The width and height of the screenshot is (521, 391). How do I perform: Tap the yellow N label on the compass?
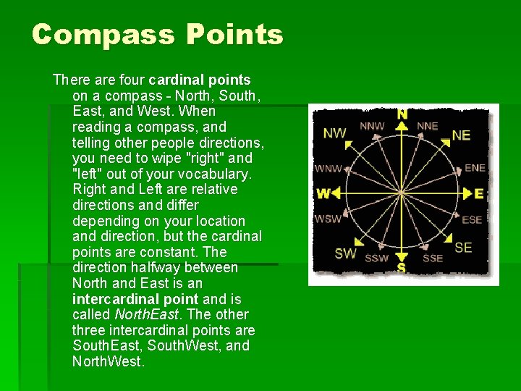(x=402, y=114)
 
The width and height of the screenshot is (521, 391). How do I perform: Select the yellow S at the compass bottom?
(x=401, y=268)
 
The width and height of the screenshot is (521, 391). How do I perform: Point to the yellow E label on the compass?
(x=478, y=193)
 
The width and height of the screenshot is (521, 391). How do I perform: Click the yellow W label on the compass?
(x=323, y=193)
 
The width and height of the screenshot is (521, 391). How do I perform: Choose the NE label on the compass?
(x=461, y=135)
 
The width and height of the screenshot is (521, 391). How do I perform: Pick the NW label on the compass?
(x=334, y=133)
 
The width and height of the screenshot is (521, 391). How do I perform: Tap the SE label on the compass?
(x=463, y=248)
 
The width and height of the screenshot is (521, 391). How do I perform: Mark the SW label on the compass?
(x=345, y=253)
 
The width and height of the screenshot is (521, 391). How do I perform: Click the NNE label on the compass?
(x=428, y=126)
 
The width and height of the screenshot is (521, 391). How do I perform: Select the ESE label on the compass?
(x=472, y=220)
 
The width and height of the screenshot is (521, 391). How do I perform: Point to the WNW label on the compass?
(x=328, y=169)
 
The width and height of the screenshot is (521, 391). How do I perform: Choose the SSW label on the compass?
(x=376, y=258)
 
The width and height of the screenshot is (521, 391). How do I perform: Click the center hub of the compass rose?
(x=402, y=193)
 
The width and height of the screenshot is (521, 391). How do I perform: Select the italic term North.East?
(x=145, y=315)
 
